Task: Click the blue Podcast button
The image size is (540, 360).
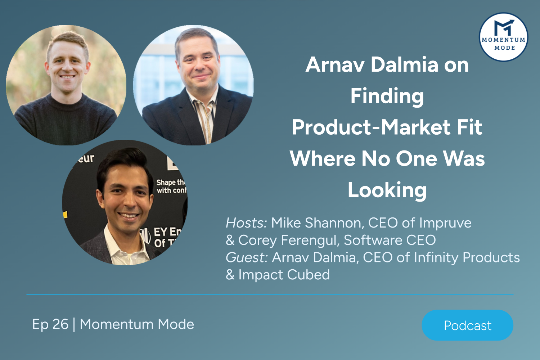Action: click(467, 325)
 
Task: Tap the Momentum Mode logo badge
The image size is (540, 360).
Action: click(504, 37)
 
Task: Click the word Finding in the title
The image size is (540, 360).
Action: click(387, 96)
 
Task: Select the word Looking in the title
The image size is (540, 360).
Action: click(387, 190)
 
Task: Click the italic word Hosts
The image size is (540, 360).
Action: click(246, 223)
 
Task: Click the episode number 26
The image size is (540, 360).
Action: click(60, 324)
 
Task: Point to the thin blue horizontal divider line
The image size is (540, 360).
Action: click(270, 295)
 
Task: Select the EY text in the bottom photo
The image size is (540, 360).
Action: click(161, 232)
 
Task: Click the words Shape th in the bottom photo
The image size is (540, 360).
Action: click(170, 183)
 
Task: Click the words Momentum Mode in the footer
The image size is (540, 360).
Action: click(137, 324)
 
